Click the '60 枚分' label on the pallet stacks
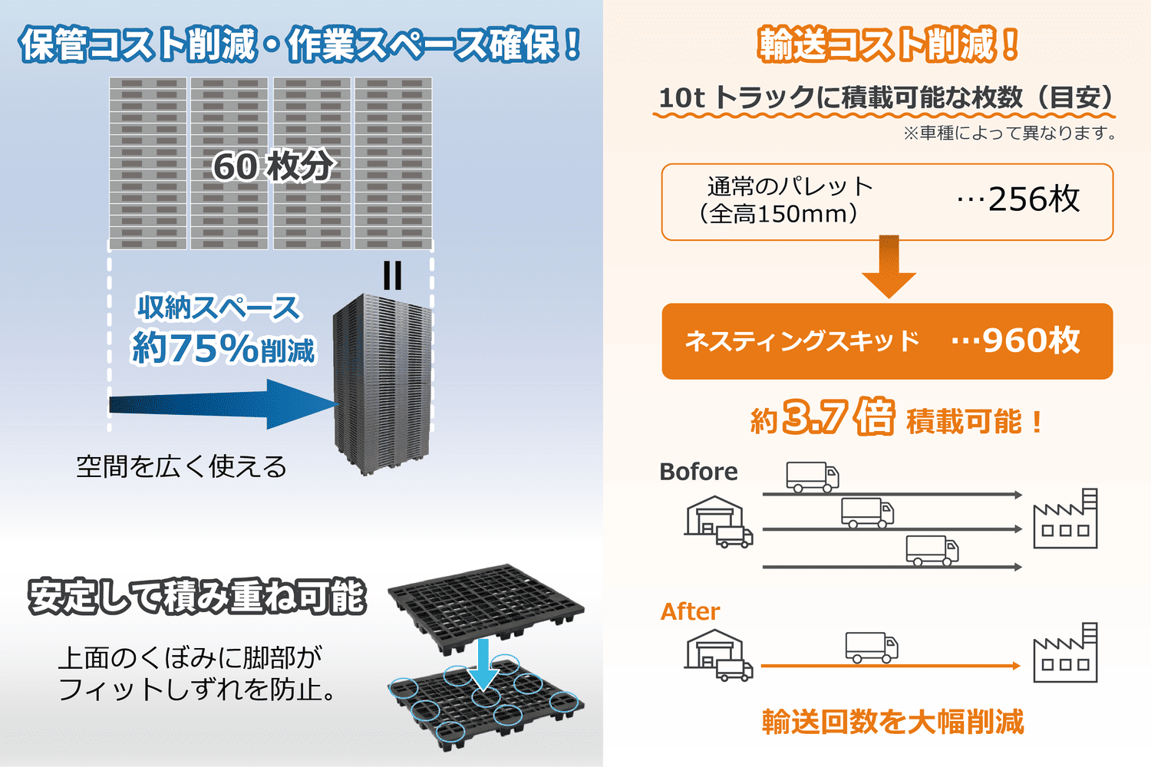pos(273,166)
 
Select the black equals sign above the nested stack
pos(392,275)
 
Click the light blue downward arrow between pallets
pos(483,664)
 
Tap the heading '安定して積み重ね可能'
pos(196,597)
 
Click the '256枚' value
pos(1033,199)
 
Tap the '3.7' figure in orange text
pos(815,418)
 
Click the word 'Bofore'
pos(698,472)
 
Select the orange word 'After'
pos(690,611)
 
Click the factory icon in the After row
pos(1065,653)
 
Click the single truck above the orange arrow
pos(871,647)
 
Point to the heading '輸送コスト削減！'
pos(888,44)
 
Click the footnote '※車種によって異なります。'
pos(1009,133)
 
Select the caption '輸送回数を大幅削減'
pos(892,722)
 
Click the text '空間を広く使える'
pos(181,466)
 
